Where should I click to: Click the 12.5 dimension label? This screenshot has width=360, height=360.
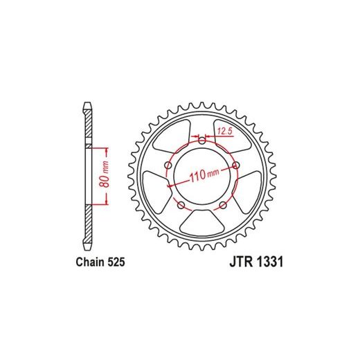tap(224, 132)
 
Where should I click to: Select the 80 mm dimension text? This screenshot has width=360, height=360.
tap(105, 174)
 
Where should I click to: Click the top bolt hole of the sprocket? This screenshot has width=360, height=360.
tap(202, 141)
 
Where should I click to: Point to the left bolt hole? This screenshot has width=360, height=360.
tap(169, 165)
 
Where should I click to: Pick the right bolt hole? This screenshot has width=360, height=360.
tap(236, 165)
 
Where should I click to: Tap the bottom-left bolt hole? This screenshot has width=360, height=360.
tap(181, 205)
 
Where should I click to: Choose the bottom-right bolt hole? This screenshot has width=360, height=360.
tap(223, 205)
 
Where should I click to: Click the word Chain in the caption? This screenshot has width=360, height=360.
tap(91, 262)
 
